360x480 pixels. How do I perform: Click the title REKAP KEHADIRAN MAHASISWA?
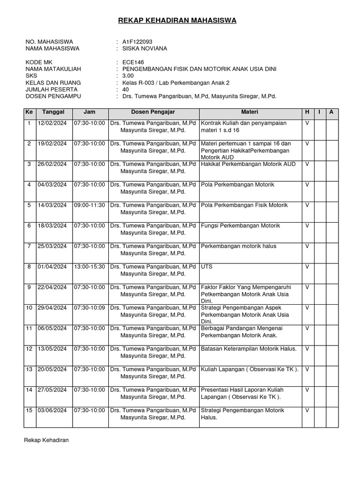(177, 20)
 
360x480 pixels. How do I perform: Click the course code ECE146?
(133, 62)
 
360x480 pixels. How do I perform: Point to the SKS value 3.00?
(128, 75)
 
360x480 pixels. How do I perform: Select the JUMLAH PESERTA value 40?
(126, 89)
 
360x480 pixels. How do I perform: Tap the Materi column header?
(249, 112)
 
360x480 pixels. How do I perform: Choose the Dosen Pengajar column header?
(153, 112)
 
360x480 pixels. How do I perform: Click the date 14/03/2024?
(53, 205)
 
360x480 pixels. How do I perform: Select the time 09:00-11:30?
(89, 205)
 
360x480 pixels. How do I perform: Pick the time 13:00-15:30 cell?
(89, 267)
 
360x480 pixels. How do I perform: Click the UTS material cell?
(207, 267)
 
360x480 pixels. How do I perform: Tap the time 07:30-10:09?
(89, 308)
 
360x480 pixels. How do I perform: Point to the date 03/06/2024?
(53, 411)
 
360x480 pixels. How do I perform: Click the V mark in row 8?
(307, 267)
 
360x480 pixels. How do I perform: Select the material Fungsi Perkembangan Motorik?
(240, 226)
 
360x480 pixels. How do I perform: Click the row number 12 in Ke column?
(29, 349)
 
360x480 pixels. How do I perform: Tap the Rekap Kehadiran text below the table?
(46, 440)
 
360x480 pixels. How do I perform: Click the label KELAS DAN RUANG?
(53, 82)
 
